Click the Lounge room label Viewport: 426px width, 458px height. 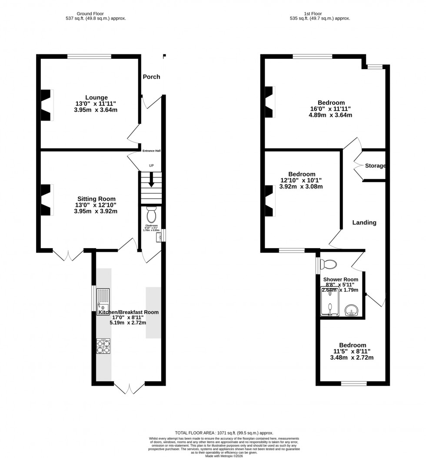(96, 97)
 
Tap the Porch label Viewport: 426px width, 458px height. (151, 77)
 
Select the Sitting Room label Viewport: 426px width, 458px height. (96, 199)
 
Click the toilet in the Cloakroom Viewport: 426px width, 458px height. (151, 215)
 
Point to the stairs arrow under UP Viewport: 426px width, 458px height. (151, 180)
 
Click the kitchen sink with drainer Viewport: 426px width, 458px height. (103, 301)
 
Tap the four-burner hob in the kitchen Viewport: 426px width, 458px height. (103, 347)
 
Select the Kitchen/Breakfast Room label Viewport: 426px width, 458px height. (128, 312)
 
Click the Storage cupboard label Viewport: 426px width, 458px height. (375, 166)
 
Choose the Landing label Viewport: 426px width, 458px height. (364, 222)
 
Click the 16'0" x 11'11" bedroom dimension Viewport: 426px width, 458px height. (331, 109)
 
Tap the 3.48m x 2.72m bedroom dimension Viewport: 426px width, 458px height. (353, 357)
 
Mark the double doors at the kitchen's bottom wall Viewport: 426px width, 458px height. (129, 387)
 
